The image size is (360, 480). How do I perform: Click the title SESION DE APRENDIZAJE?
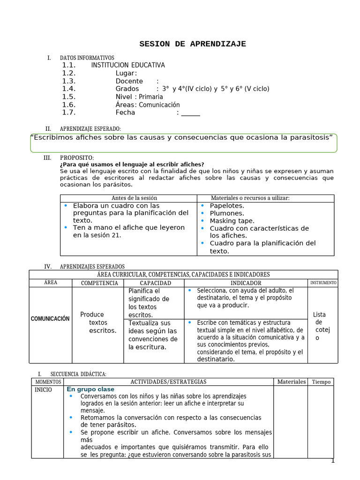coord(192,44)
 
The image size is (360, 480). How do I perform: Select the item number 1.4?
coord(68,89)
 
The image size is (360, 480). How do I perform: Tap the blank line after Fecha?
coord(190,113)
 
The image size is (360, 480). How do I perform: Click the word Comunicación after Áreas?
coord(159,105)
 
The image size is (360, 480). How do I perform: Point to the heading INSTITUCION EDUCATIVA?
coord(127,66)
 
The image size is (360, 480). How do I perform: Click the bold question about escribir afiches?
coord(132,165)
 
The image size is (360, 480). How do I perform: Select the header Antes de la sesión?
coord(128,198)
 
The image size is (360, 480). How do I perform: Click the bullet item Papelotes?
coord(227,206)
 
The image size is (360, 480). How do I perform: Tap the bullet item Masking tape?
coord(232,221)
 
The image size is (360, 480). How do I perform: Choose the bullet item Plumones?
coord(227,213)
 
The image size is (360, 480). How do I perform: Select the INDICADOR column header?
coord(246,283)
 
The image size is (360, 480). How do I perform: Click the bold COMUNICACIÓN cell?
coord(50,319)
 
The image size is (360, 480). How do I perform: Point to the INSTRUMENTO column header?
coord(322,283)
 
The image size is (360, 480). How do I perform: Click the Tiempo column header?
coord(322,382)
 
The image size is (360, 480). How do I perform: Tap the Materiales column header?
coord(291,382)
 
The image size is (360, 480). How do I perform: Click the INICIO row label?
coord(44,390)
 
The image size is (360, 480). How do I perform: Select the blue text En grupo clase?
coord(90,390)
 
